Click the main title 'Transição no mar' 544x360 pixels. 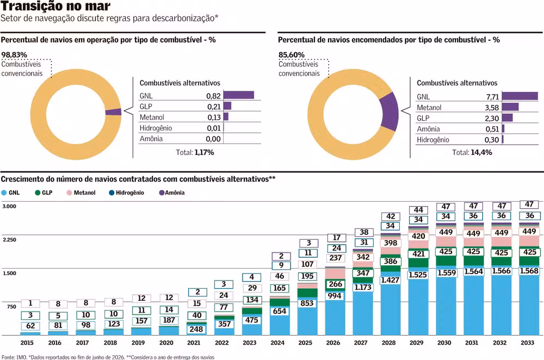pos(55,6)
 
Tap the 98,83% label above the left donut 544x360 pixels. pos(14,55)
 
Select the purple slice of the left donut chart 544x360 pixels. pos(114,111)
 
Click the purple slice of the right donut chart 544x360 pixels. pos(390,111)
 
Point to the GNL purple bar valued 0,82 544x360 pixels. pos(239,95)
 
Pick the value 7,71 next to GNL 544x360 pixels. pos(493,97)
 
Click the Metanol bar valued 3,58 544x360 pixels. pos(510,107)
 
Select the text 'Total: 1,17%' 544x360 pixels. pos(195,152)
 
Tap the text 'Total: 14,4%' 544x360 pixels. pos(472,152)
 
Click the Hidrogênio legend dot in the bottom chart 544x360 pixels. pos(112,193)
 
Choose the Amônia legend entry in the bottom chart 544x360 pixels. pos(172,193)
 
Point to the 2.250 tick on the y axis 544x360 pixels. pos(9,240)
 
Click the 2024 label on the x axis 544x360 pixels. pos(277,343)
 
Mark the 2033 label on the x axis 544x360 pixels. pos(527,343)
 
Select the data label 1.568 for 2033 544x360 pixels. pos(529,271)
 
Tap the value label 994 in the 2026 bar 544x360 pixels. pos(335,296)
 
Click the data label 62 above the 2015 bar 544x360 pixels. pos(30,326)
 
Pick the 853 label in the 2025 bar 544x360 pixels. pos(307,303)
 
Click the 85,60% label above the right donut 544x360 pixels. pos(292,55)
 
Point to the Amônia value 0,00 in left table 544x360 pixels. pos(213,139)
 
